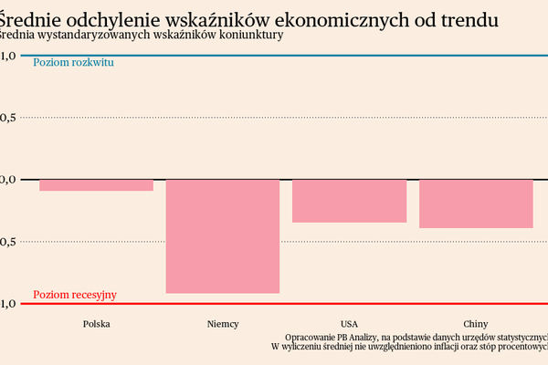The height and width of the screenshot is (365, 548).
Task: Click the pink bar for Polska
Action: click(x=96, y=185)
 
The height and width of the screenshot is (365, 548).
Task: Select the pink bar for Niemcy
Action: click(x=222, y=236)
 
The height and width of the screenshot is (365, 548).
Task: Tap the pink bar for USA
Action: click(x=349, y=201)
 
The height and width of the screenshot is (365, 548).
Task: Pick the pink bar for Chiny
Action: click(x=476, y=203)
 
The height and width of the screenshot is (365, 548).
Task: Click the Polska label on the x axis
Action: click(x=96, y=324)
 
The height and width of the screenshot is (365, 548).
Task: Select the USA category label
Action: click(x=349, y=324)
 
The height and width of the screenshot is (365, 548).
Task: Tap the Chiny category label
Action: click(x=476, y=324)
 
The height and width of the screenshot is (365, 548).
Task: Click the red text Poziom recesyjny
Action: click(x=75, y=295)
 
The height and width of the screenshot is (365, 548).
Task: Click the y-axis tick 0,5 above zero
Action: click(x=8, y=118)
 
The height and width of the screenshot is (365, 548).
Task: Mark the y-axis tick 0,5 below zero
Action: click(x=8, y=242)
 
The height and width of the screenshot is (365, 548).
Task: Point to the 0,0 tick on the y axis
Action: click(x=8, y=180)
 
